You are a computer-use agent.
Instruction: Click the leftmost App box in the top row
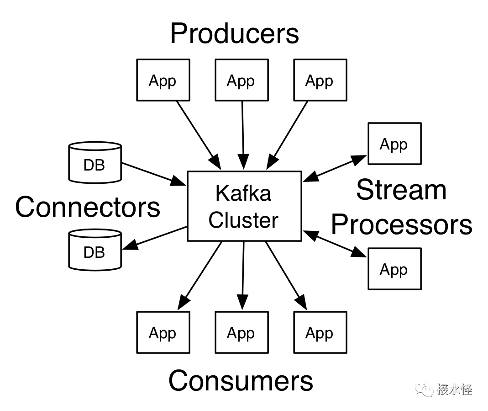click(x=163, y=80)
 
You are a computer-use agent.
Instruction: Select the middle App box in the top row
click(x=241, y=80)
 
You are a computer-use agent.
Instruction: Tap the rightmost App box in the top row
click(x=320, y=80)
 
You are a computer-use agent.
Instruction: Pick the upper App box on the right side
click(x=394, y=144)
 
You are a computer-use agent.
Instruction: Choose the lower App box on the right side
click(x=394, y=269)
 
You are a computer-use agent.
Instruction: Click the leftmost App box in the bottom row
click(x=163, y=332)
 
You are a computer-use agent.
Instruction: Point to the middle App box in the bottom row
click(x=241, y=332)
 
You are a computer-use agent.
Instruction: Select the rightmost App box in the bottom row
click(x=320, y=332)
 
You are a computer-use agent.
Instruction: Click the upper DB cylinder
click(x=95, y=164)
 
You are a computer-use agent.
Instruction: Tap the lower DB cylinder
click(x=95, y=251)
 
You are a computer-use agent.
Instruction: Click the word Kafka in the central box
click(x=243, y=193)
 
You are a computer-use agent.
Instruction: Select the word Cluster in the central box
click(x=243, y=220)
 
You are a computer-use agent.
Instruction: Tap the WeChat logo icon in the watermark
click(x=424, y=389)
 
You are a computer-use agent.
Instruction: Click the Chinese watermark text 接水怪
click(x=454, y=390)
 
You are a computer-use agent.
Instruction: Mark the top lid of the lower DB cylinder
click(x=95, y=234)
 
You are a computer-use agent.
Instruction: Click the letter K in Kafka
click(x=222, y=193)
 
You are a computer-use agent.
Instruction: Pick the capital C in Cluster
click(x=217, y=220)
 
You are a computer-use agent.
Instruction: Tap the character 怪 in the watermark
click(x=466, y=390)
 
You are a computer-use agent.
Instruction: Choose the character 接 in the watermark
click(x=442, y=390)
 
